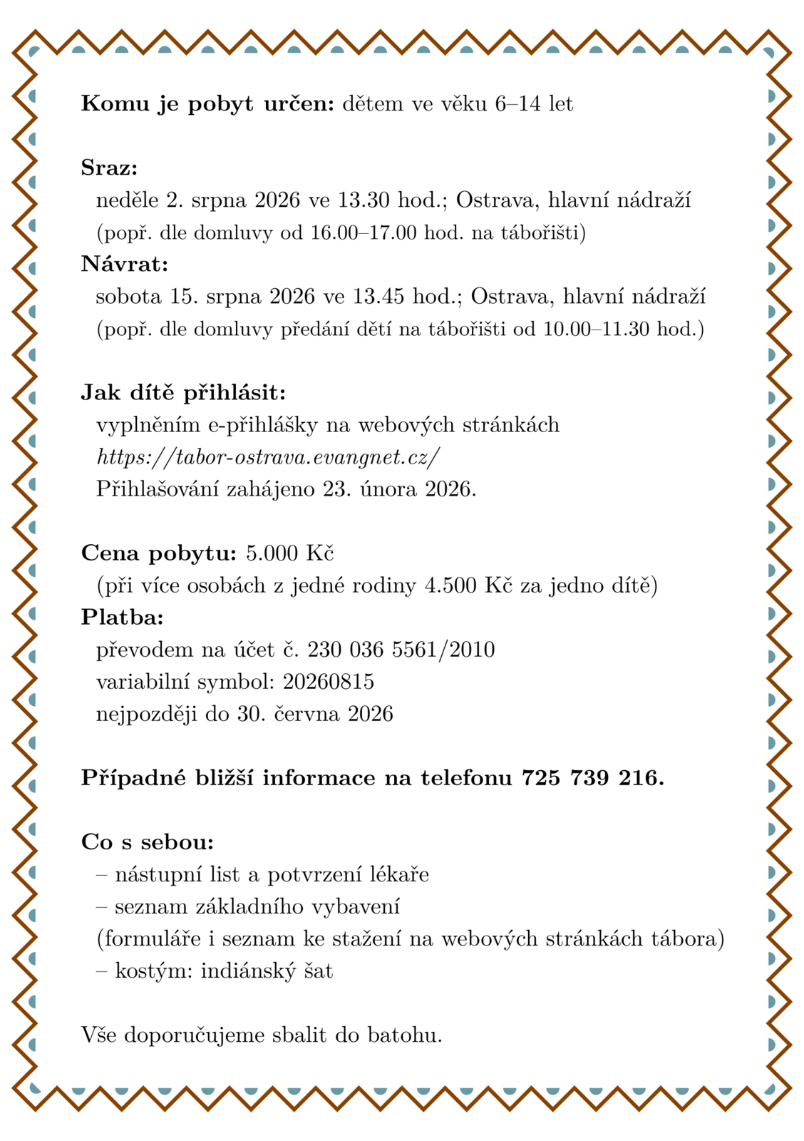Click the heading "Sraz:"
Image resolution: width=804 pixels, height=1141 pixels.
pyautogui.click(x=109, y=168)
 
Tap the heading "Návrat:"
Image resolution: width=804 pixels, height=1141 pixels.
pyautogui.click(x=125, y=264)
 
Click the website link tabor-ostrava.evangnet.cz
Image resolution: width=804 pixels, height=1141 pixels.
pyautogui.click(x=268, y=457)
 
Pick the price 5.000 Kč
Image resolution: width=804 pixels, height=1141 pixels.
pyautogui.click(x=289, y=553)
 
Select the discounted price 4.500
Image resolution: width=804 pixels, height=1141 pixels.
pyautogui.click(x=450, y=585)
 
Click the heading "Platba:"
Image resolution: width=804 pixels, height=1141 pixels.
pyautogui.click(x=122, y=617)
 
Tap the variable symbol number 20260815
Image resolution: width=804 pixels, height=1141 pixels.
pyautogui.click(x=328, y=682)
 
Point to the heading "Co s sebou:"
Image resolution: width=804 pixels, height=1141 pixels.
pyautogui.click(x=148, y=842)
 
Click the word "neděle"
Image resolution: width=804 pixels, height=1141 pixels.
pyautogui.click(x=128, y=200)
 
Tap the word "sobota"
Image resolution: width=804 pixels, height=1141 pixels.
pyautogui.click(x=128, y=297)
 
